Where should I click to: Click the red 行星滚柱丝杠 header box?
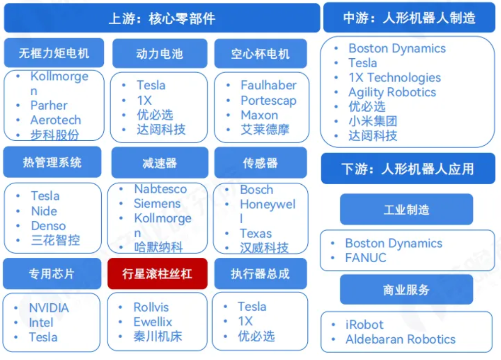(x=157, y=274)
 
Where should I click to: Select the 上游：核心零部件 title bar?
(x=162, y=18)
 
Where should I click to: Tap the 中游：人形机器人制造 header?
(x=409, y=18)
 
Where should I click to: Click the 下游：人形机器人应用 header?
(x=408, y=169)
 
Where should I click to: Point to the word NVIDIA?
(x=49, y=308)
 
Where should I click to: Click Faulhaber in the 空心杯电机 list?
(x=268, y=85)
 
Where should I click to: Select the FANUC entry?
(x=366, y=258)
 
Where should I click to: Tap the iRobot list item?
(x=364, y=325)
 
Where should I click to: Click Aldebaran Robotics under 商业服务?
(x=400, y=340)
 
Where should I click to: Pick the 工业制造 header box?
(x=406, y=209)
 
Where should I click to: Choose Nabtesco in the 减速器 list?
(x=160, y=189)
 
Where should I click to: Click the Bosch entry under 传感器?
(x=256, y=190)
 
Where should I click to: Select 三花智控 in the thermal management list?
(x=55, y=240)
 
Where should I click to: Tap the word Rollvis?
(x=151, y=307)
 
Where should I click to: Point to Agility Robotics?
(x=392, y=92)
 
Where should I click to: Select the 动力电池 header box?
(x=159, y=53)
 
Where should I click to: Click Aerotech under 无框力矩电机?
(x=55, y=120)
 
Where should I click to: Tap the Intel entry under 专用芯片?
(x=41, y=322)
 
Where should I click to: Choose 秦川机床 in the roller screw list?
(x=158, y=337)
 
